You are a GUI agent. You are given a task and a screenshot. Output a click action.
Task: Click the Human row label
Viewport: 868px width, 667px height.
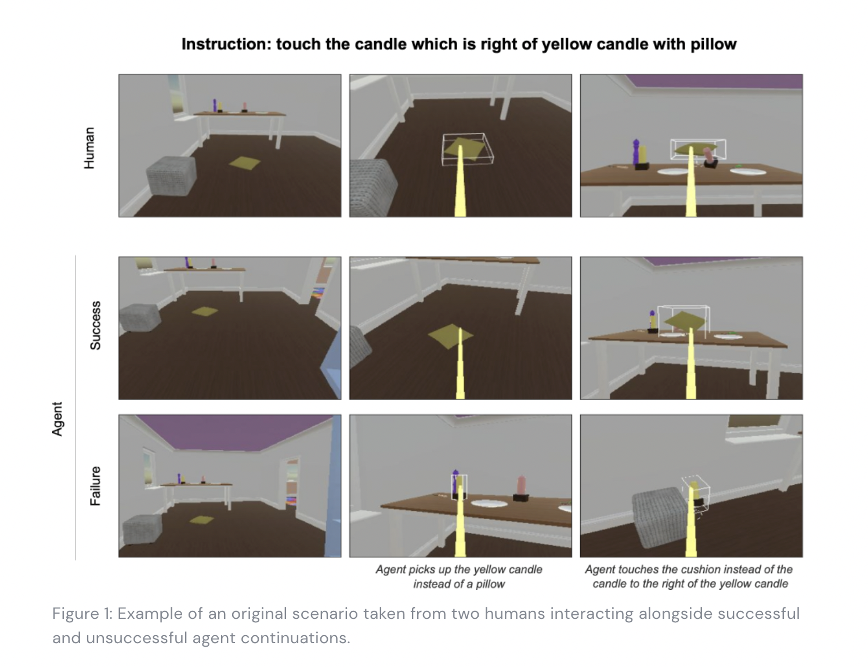(89, 148)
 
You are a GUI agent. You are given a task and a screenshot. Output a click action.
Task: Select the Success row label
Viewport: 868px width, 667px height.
(95, 326)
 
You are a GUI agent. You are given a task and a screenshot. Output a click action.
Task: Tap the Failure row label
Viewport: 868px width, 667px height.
(95, 486)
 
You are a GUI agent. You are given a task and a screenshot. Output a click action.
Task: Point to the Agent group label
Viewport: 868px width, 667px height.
(57, 419)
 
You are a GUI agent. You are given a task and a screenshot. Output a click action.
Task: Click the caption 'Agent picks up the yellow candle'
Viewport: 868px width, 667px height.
(459, 569)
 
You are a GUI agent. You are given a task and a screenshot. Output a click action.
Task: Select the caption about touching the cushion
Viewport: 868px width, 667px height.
(690, 577)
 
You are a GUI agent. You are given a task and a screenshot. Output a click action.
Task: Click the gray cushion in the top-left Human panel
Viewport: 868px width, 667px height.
(171, 176)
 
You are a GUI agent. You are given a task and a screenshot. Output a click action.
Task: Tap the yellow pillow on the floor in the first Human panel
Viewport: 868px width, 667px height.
(244, 163)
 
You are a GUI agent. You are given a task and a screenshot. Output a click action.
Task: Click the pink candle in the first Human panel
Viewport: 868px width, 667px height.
(244, 106)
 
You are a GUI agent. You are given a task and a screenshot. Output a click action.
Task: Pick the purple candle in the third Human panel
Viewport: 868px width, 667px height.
(636, 152)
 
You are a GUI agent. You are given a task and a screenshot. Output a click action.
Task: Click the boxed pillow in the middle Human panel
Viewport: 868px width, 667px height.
(466, 149)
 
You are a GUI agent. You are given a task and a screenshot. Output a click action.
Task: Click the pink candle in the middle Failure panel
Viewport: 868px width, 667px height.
(521, 485)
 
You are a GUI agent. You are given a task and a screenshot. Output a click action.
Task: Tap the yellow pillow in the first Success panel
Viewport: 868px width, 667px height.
(205, 311)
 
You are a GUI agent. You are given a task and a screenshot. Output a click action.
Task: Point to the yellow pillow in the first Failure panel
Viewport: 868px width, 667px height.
(202, 520)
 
